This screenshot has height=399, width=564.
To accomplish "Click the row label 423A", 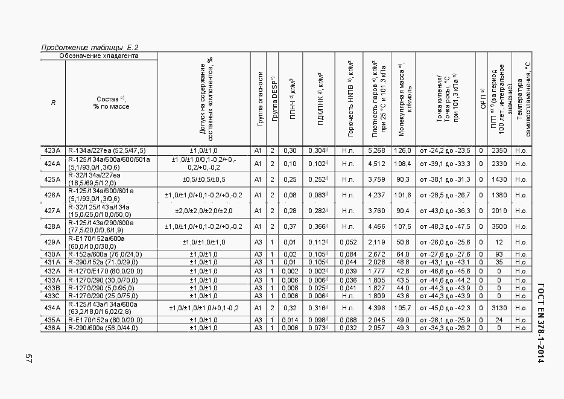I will tap(52, 150).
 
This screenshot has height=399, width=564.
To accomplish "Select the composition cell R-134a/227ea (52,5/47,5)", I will tap(106, 150).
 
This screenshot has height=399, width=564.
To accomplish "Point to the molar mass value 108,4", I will tap(402, 164).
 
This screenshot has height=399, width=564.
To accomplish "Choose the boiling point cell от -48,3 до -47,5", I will tap(445, 226).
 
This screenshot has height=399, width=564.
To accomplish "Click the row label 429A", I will tap(52, 242).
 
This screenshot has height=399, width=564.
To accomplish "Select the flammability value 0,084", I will tap(349, 254).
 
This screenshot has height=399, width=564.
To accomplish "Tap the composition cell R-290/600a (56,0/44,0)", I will tap(103, 328).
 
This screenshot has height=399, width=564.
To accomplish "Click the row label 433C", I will tap(52, 296).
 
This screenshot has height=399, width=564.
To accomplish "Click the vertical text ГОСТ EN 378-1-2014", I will tap(540, 322).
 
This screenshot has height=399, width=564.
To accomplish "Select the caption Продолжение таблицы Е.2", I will tap(90, 48).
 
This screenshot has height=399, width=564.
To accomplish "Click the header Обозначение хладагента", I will tap(99, 56).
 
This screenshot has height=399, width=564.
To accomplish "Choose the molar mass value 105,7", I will tap(402, 308).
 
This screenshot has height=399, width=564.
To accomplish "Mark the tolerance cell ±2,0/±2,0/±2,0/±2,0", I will tap(204, 211).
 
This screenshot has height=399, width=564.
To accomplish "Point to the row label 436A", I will tap(52, 328).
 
